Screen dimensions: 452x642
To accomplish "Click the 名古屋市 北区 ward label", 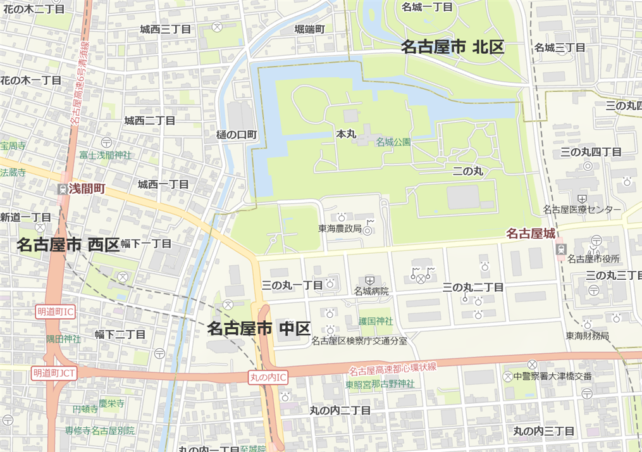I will pos(452,47).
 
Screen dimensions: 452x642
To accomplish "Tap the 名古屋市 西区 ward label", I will pos(68,244).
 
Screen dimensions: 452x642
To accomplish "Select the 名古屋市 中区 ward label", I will pos(259,329).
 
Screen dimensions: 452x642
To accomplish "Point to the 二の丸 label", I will pos(467,172).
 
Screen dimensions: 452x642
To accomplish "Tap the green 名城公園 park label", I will pos(393,142).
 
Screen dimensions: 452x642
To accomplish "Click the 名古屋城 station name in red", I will pos(531,234).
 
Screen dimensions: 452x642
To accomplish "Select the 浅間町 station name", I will pos(87,189).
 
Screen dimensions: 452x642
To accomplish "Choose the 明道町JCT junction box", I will pos(54,373).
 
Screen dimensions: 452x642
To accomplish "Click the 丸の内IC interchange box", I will pos(268,377).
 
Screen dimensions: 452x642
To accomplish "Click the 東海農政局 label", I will pos(340,229).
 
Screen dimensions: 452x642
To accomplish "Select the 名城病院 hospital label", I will pos(371,291).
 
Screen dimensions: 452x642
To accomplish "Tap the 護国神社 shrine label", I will pos(376,321).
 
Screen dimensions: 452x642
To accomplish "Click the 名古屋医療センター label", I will pos(582,210).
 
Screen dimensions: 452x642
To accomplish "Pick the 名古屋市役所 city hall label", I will pos(593,258).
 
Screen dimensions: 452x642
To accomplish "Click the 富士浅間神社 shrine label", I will pos(105,154).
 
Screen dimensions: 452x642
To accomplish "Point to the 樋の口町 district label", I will pos(237,134).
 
